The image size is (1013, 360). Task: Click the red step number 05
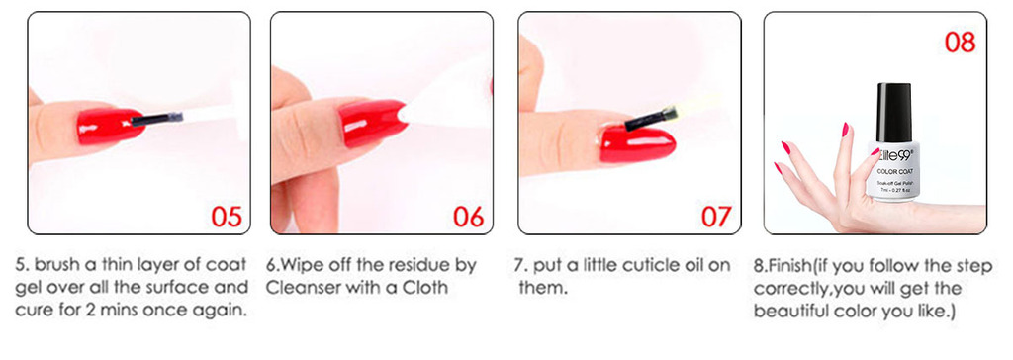coord(227,217)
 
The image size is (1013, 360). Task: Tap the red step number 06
coord(469,217)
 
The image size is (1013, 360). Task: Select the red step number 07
coord(716,217)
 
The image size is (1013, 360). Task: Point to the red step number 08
coord(960,42)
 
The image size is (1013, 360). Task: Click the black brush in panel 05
coord(157,118)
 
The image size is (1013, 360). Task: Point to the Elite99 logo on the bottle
coord(893,154)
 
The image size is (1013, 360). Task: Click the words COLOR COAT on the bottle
coord(894,171)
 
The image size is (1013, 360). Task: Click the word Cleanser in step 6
coord(301,287)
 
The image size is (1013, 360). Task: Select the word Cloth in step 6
coord(427,287)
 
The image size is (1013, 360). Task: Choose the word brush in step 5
coord(52,265)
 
